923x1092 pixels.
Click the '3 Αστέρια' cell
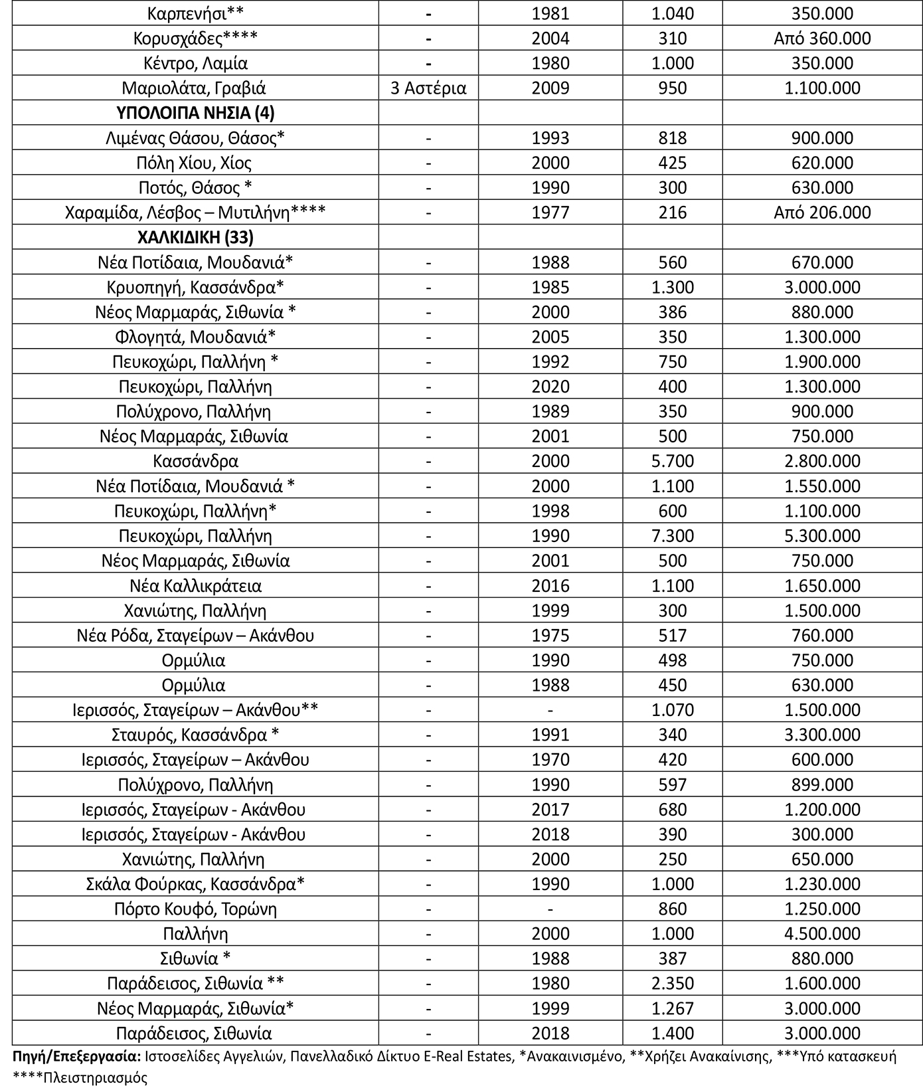(428, 88)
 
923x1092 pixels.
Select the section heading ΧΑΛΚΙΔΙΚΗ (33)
(195, 238)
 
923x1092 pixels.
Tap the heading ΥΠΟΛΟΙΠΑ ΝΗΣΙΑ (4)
(195, 113)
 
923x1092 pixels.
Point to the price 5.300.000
(822, 536)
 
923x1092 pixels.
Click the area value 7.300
(672, 536)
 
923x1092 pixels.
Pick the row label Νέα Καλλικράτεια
(195, 586)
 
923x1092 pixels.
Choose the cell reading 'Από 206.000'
(822, 213)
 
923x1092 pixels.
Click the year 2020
(550, 387)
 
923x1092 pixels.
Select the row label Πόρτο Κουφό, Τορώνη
(195, 909)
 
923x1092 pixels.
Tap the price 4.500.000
(822, 934)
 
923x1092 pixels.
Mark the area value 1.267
(672, 1008)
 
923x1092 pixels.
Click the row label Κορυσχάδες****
(195, 39)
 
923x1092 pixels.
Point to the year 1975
(550, 636)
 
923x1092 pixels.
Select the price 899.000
(822, 784)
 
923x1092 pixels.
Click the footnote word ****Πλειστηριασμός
(80, 1077)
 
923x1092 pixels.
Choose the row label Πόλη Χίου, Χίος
(195, 163)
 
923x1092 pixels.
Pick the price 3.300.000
(822, 735)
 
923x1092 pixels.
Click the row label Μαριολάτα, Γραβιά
(195, 88)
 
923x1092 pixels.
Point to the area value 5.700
(672, 461)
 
